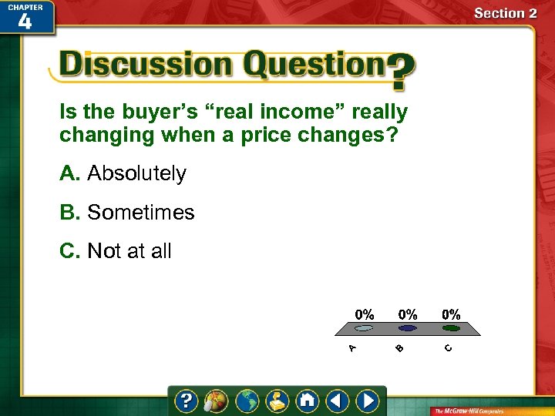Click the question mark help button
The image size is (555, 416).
click(x=187, y=401)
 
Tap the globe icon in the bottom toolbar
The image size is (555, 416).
click(x=247, y=401)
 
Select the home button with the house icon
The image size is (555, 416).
click(x=308, y=401)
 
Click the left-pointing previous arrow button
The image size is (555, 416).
click(x=338, y=401)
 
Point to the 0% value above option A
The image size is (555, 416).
click(x=365, y=314)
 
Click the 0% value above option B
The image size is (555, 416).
click(x=408, y=314)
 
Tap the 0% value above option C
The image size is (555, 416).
click(x=451, y=314)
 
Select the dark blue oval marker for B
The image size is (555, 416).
click(x=408, y=328)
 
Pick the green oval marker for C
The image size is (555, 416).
click(x=451, y=328)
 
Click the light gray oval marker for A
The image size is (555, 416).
click(x=365, y=328)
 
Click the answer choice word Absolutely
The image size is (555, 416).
click(x=136, y=174)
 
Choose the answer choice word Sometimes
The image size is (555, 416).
click(x=141, y=213)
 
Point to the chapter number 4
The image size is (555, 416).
click(x=25, y=21)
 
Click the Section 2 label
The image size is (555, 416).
click(x=505, y=13)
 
